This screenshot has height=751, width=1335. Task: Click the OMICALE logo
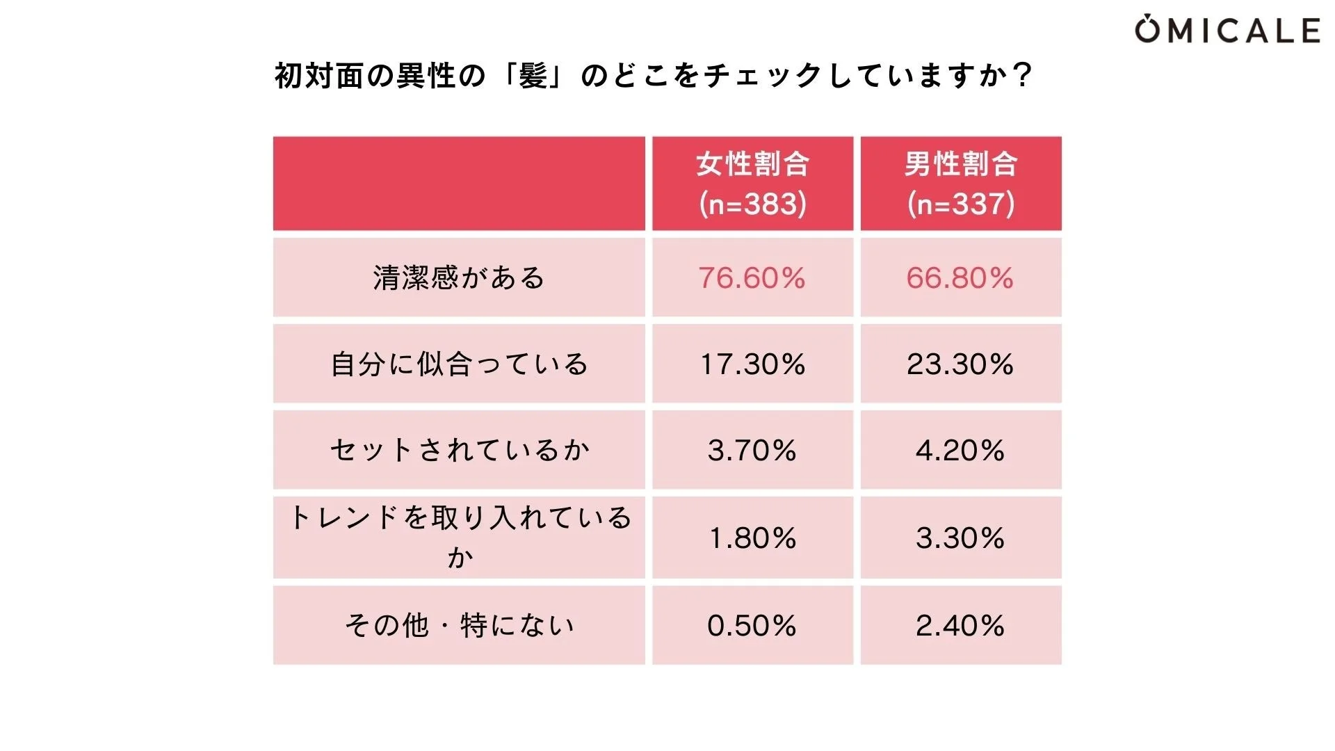pyautogui.click(x=1227, y=31)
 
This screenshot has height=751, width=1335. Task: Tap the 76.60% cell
pyautogui.click(x=752, y=278)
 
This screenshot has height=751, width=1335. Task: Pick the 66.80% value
pyautogui.click(x=960, y=278)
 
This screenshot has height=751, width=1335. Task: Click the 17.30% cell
pyautogui.click(x=752, y=364)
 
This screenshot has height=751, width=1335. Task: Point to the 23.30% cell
pyautogui.click(x=960, y=364)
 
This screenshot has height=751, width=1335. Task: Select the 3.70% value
pyautogui.click(x=752, y=451)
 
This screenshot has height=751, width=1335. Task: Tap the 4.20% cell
pyautogui.click(x=960, y=451)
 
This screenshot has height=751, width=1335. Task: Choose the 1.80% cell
pyautogui.click(x=752, y=538)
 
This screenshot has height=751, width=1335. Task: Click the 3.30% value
pyautogui.click(x=960, y=538)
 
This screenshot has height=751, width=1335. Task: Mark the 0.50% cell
pyautogui.click(x=752, y=626)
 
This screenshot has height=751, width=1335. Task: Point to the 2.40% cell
pyautogui.click(x=960, y=626)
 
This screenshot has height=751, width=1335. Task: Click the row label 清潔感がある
pyautogui.click(x=459, y=278)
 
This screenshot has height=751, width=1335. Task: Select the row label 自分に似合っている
pyautogui.click(x=459, y=364)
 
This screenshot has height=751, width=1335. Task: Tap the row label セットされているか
pyautogui.click(x=459, y=451)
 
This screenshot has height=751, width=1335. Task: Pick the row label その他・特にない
pyautogui.click(x=459, y=626)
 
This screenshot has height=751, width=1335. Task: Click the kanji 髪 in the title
pyautogui.click(x=533, y=76)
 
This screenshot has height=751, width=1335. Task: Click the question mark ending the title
pyautogui.click(x=1021, y=76)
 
